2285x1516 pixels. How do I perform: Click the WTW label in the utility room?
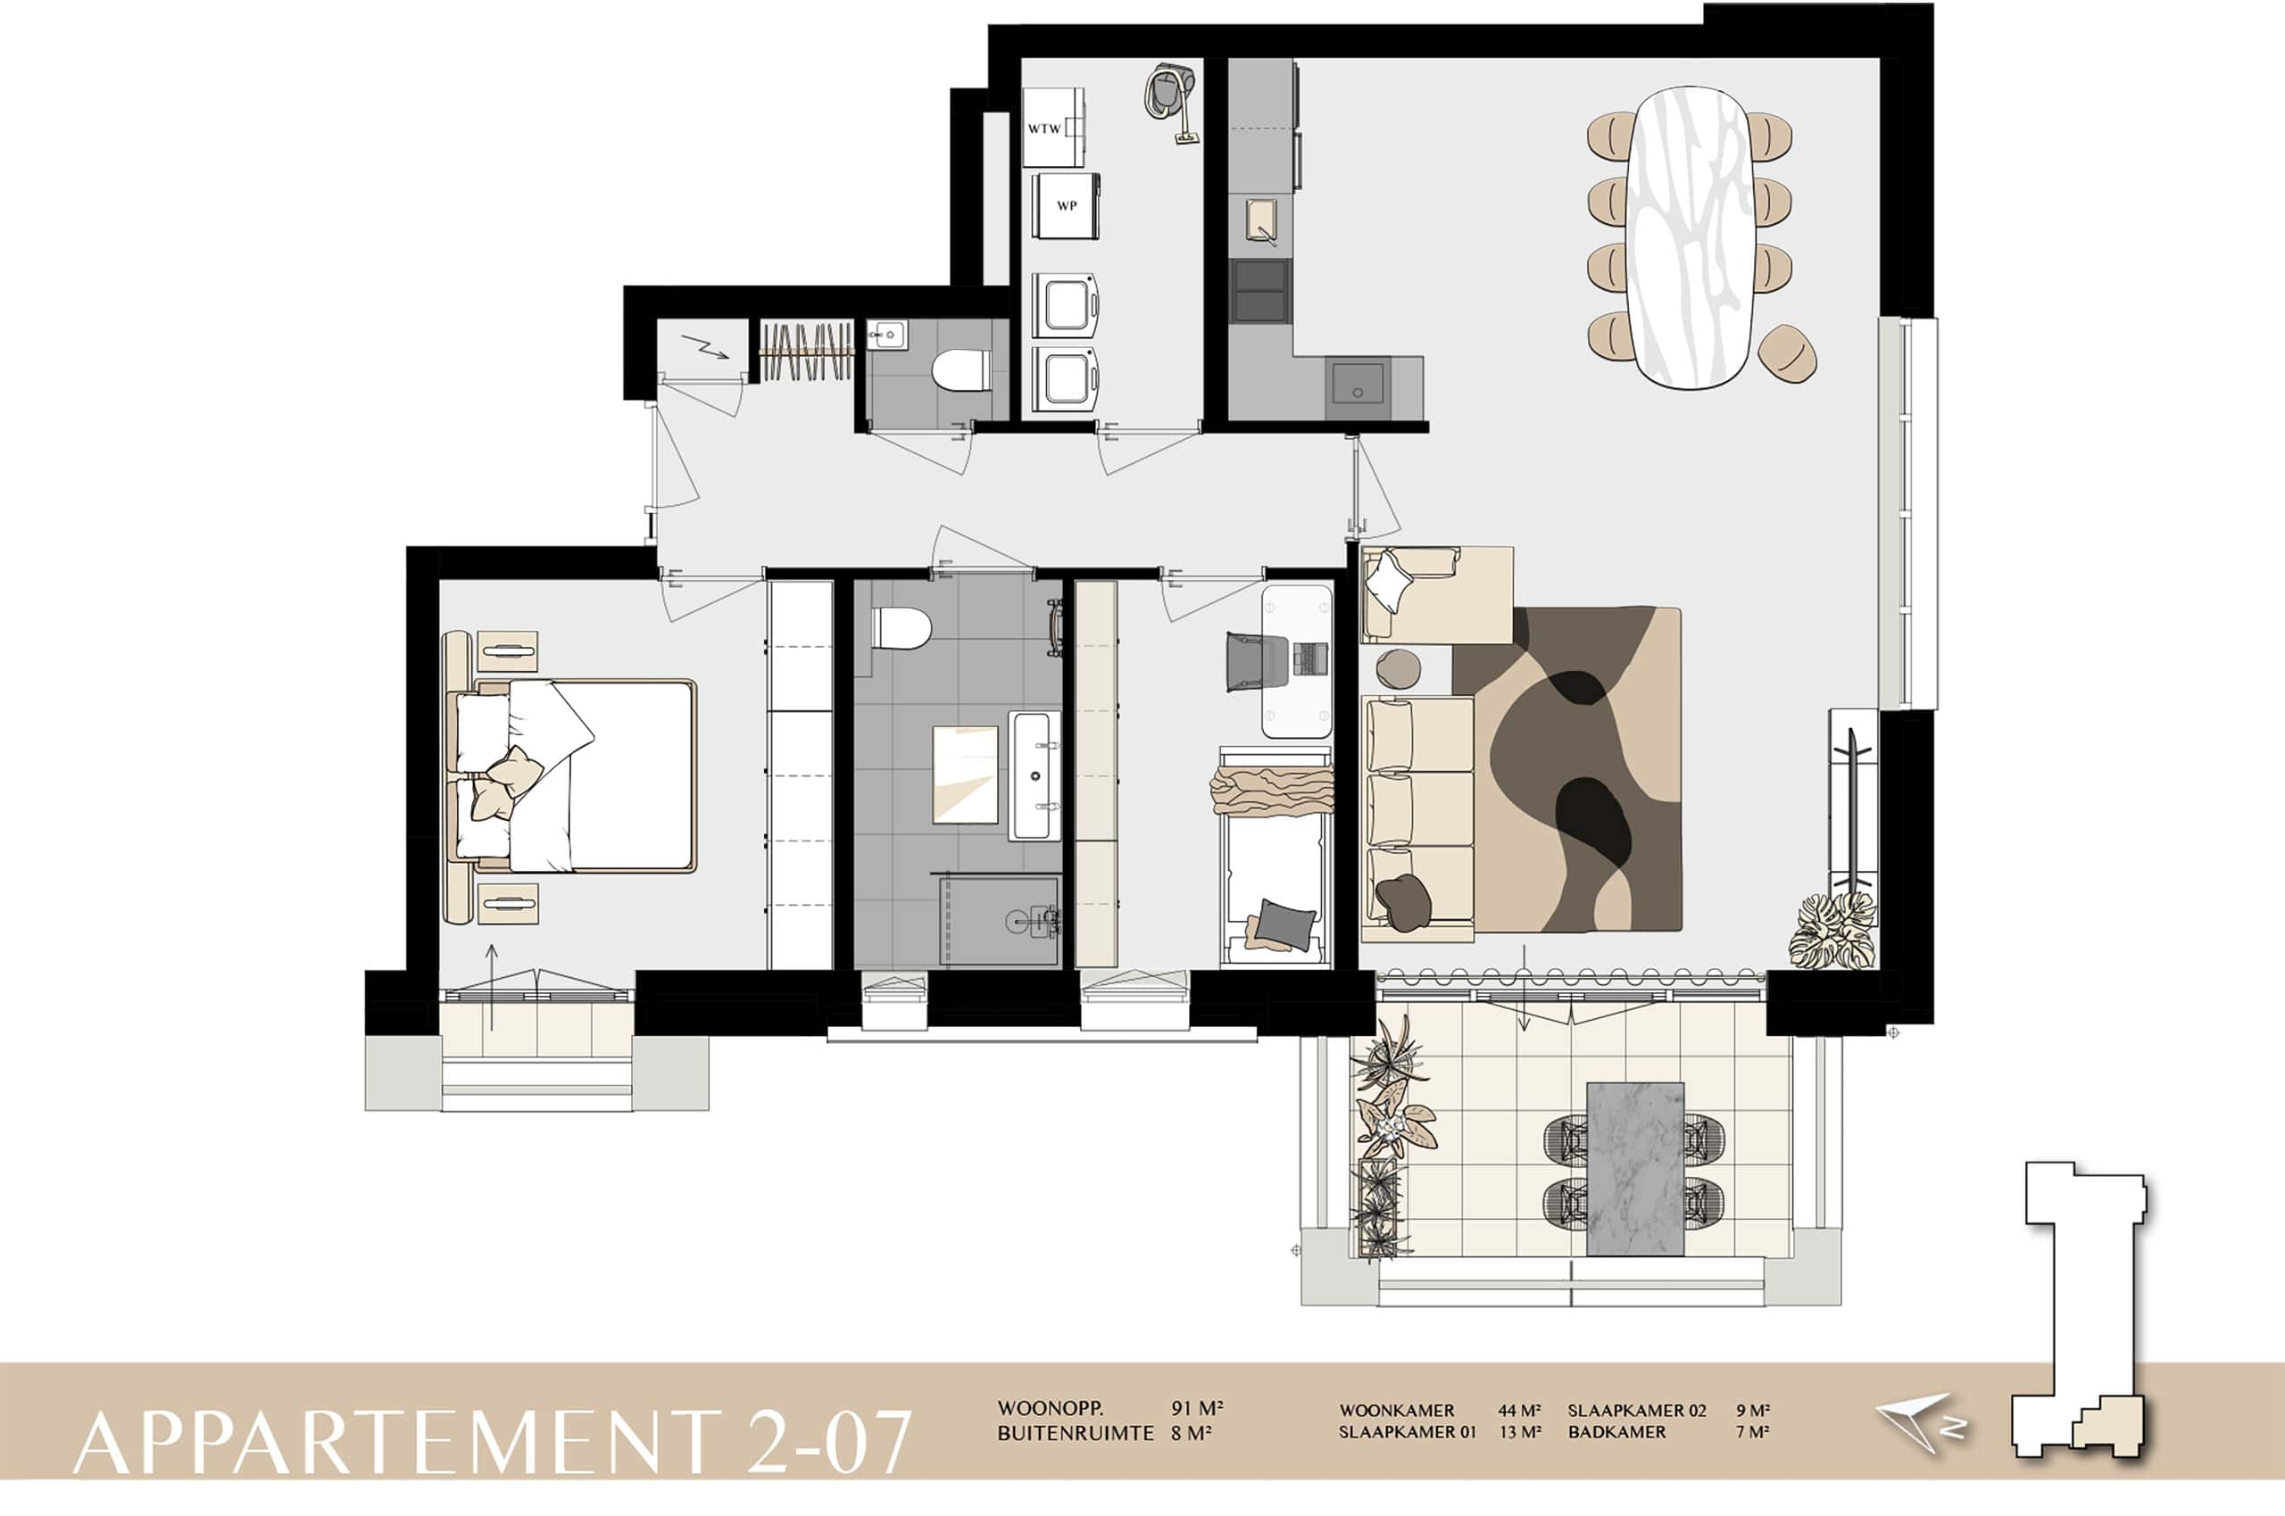click(1044, 128)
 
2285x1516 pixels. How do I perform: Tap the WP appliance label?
click(1067, 206)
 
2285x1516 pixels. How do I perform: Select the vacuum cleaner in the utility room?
click(1171, 103)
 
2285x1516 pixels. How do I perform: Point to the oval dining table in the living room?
click(1691, 238)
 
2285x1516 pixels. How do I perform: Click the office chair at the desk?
click(1256, 660)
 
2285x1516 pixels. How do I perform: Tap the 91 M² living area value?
click(1197, 1409)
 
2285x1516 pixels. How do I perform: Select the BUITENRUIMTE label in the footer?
click(1076, 1433)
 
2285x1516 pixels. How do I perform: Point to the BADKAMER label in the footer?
click(1616, 1432)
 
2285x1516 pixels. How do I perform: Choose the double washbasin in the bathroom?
click(1034, 775)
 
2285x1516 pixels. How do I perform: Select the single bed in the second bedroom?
click(1276, 857)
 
